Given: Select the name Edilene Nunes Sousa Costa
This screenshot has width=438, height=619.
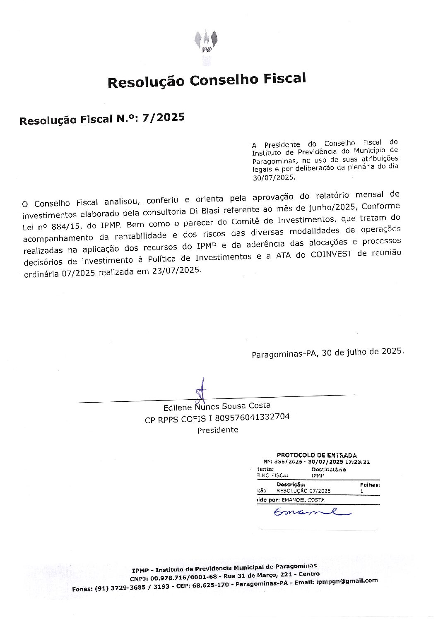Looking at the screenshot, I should (217, 406).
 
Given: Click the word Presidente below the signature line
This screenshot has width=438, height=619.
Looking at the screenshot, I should (218, 430).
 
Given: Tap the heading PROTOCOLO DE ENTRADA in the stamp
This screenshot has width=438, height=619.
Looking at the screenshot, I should (317, 455).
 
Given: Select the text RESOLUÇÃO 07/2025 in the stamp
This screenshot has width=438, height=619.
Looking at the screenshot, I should (304, 491).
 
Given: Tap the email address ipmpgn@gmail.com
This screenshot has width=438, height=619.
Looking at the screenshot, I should (347, 581).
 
